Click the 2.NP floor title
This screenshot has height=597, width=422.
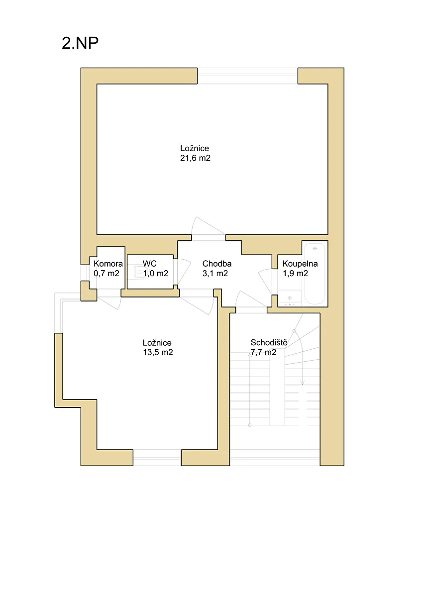click(80, 43)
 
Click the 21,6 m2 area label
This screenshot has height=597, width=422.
click(195, 158)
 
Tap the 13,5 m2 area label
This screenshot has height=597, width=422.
click(158, 352)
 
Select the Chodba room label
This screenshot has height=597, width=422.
click(217, 264)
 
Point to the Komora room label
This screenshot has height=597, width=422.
click(108, 264)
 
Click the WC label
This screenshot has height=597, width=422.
click(150, 264)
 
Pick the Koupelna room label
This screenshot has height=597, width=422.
click(300, 264)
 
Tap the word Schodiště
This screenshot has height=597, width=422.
click(269, 342)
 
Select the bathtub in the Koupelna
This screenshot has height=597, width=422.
click(315, 274)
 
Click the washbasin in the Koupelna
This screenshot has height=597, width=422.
click(290, 298)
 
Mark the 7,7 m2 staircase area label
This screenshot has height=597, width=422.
click(263, 352)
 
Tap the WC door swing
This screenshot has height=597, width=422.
click(184, 271)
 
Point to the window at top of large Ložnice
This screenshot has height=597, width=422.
click(247, 76)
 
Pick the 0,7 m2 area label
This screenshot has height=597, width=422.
click(106, 273)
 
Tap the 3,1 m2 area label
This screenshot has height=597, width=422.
click(215, 273)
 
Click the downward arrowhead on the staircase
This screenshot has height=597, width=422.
click(302, 383)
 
